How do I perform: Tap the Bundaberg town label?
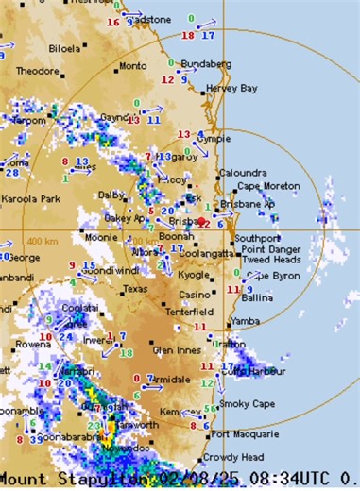tap(204, 63)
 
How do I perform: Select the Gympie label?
tap(213, 139)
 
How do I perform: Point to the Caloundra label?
tap(238, 173)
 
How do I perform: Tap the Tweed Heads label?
tap(272, 260)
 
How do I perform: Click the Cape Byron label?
tap(274, 275)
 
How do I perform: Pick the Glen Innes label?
tap(177, 349)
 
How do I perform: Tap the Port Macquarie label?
tap(241, 434)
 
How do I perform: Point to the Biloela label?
tap(63, 46)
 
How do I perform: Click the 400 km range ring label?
tap(43, 242)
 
